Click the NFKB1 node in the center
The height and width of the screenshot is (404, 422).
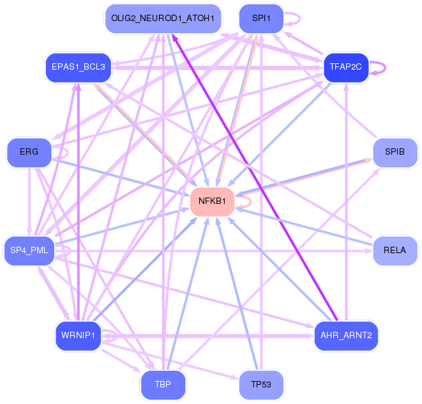click(212, 201)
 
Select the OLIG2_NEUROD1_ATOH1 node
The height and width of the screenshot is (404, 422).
click(163, 19)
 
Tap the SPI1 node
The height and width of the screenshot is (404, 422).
click(261, 19)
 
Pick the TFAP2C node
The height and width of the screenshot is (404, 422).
click(346, 67)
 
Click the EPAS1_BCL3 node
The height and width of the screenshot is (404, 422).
click(79, 67)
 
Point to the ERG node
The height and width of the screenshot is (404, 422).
click(29, 152)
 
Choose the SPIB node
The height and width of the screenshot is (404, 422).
click(395, 152)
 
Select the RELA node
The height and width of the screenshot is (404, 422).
click(395, 251)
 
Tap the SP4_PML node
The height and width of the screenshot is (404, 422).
click(29, 251)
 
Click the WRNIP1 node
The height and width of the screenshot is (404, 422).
click(79, 336)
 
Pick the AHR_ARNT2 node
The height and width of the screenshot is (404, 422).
click(346, 336)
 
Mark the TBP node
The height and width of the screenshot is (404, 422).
click(163, 385)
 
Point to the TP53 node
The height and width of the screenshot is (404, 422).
click(261, 385)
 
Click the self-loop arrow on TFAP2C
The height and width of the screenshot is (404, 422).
click(385, 68)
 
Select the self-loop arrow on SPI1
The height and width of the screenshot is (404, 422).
click(300, 19)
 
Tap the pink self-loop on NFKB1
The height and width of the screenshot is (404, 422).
click(251, 201)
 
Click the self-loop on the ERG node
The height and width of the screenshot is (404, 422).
click(68, 153)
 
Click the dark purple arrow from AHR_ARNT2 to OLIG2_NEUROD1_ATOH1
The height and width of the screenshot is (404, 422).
click(255, 178)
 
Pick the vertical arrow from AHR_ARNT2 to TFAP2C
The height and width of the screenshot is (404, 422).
click(347, 202)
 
